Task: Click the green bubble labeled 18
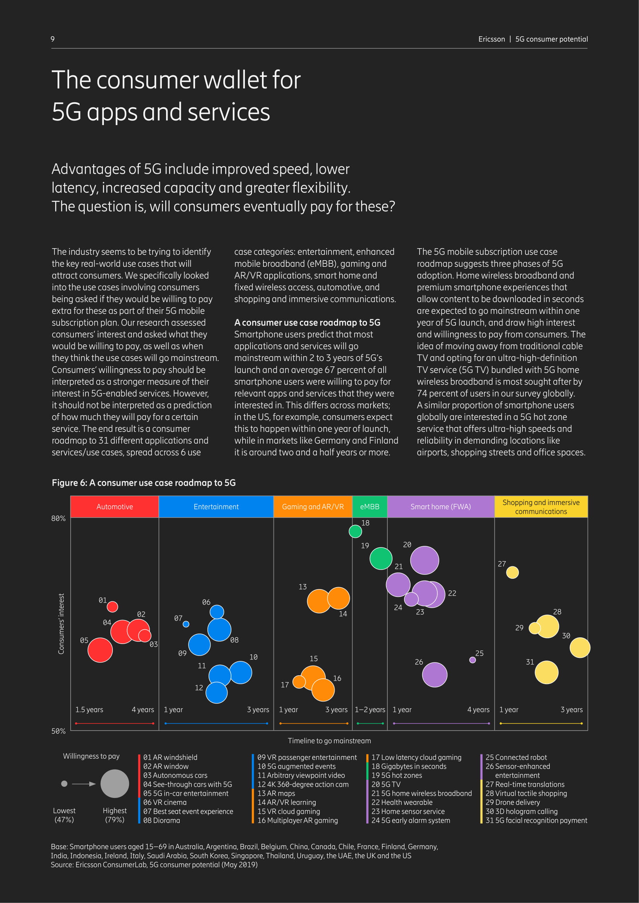pos(355,531)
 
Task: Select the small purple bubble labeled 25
pos(472,660)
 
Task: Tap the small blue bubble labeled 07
pos(186,624)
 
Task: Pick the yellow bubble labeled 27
pos(512,572)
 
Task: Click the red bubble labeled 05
pos(100,650)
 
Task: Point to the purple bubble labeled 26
pos(435,675)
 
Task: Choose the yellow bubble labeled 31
pos(547,672)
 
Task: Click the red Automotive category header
pos(114,507)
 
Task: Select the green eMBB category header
pos(370,507)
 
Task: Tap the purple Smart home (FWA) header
pos(441,507)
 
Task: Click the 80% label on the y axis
pos(58,518)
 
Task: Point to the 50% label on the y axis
pos(58,731)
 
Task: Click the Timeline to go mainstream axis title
pos(329,741)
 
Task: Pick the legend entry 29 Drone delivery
pos(513,802)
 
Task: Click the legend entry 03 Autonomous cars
pos(175,775)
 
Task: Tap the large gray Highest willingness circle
pos(114,783)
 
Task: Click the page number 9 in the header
pos(53,39)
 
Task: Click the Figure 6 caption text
pos(144,483)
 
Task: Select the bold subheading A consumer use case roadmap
pos(307,322)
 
